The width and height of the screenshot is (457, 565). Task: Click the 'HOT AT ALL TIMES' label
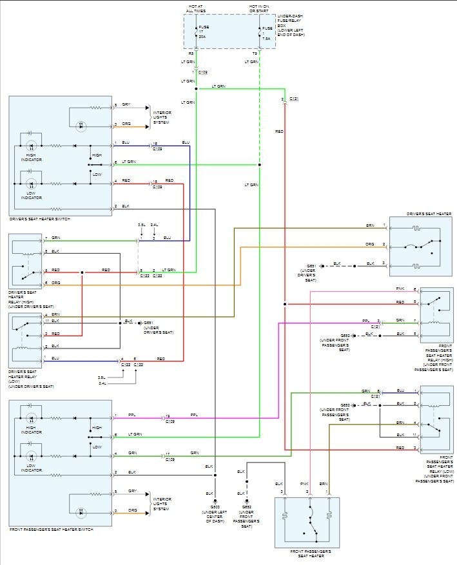197,8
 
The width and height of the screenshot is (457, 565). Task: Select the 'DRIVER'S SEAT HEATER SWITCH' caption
40,219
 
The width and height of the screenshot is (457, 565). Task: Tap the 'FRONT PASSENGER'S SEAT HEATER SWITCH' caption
51,529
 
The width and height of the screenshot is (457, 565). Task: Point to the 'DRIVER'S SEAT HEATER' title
429,213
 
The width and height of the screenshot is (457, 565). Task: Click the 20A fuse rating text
202,37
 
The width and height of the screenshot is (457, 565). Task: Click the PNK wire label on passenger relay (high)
400,289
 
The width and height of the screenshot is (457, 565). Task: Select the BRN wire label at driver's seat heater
370,225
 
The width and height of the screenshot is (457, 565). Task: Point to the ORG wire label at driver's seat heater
370,245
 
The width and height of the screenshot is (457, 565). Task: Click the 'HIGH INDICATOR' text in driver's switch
30,157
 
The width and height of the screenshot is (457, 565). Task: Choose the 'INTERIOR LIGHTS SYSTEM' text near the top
162,117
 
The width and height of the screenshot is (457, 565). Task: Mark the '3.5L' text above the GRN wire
141,225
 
